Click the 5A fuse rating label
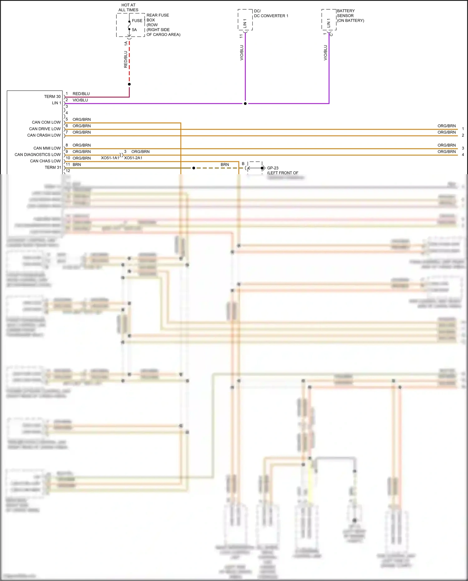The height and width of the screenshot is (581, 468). click(x=134, y=30)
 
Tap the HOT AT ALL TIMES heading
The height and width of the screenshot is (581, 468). click(x=128, y=7)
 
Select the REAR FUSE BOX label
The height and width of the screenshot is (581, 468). click(x=158, y=17)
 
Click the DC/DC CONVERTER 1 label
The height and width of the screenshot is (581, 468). click(x=271, y=13)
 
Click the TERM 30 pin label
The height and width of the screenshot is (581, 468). click(x=52, y=96)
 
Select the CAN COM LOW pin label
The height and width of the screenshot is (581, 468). click(x=46, y=122)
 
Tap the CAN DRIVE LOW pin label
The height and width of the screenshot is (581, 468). click(x=45, y=129)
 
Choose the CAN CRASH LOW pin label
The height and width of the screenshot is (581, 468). click(x=44, y=135)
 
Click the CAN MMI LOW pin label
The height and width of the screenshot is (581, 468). click(x=47, y=148)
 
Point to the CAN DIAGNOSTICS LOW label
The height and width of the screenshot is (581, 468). click(x=37, y=155)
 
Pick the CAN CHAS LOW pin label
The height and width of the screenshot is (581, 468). click(x=45, y=161)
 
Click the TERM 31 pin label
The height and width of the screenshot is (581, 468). click(x=53, y=167)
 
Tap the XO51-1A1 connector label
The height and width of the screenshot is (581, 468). click(x=110, y=158)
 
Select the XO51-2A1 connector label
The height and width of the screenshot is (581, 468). click(x=133, y=158)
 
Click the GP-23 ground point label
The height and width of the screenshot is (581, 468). click(x=273, y=168)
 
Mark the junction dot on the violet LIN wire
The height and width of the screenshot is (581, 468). click(x=245, y=103)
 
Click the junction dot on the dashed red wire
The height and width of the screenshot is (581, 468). click(x=129, y=84)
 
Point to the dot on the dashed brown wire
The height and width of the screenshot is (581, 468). click(x=194, y=168)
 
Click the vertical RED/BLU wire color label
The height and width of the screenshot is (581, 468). click(x=126, y=59)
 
